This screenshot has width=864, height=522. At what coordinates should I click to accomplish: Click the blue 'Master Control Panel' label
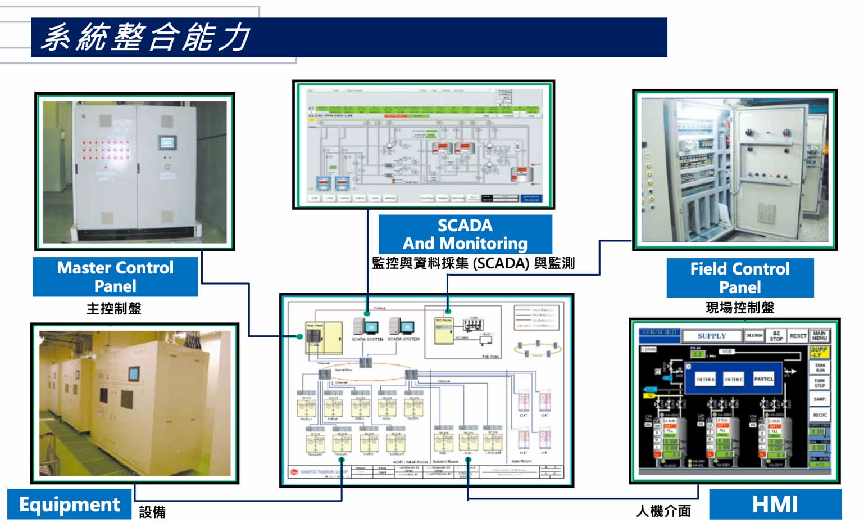tap(115, 276)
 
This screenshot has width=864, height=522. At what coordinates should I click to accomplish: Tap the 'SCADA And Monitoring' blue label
tap(465, 234)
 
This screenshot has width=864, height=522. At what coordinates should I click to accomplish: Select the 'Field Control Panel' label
tap(740, 277)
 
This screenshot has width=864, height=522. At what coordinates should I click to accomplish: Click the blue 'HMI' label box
tap(775, 504)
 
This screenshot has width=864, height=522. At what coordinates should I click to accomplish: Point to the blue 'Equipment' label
tap(70, 504)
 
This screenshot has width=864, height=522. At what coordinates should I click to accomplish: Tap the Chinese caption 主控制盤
tap(114, 308)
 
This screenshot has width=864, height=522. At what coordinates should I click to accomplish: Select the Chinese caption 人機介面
tap(663, 511)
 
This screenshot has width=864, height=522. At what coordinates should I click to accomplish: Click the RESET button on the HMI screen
tap(798, 336)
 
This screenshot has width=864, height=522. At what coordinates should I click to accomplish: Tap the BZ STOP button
tap(776, 336)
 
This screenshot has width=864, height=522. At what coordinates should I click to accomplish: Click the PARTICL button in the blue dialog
tap(763, 379)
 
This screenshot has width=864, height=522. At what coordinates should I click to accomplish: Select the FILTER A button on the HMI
tap(706, 380)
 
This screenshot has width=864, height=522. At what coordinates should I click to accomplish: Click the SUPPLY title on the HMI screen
tap(712, 336)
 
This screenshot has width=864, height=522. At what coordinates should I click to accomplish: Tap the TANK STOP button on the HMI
tap(820, 383)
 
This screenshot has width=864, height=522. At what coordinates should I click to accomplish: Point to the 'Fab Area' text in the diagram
tap(490, 357)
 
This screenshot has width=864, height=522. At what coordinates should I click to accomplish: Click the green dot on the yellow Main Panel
tap(301, 336)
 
